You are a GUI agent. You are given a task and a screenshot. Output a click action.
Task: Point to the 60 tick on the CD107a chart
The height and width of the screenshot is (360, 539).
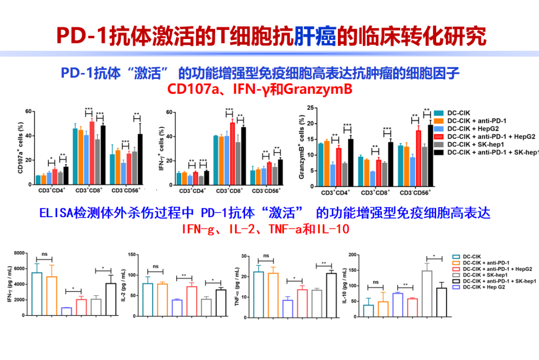coord(28,111)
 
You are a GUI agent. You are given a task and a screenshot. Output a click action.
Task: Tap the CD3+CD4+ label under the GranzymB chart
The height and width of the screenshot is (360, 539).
coord(335,192)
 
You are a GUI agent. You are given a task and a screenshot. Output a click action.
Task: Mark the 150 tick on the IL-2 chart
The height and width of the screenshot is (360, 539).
coord(133,255)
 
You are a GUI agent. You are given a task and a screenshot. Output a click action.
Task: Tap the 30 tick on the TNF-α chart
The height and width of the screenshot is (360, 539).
coord(246,256)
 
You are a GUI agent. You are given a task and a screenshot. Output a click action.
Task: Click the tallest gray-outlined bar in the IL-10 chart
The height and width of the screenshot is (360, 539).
coord(427,293)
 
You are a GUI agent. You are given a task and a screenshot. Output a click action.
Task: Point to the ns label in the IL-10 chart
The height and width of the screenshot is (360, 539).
coord(375,282)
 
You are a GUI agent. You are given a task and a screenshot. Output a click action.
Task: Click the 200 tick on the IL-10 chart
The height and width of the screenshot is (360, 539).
coord(352,255)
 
